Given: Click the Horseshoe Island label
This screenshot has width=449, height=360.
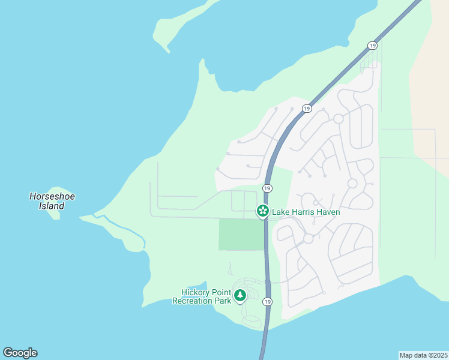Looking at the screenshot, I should coord(52,201).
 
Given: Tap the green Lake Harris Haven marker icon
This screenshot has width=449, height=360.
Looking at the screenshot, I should coord(262,211).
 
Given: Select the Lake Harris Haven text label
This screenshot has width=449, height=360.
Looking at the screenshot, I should coord(306,212).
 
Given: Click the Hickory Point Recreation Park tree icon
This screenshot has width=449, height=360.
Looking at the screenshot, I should coord(240,295).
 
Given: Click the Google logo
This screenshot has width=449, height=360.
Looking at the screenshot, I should coord(20,353).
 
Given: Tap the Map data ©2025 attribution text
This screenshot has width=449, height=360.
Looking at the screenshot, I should coord(423,355).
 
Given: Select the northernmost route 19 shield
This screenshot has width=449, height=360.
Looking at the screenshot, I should coord(373,46).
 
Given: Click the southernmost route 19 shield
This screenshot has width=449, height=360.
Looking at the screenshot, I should coord(267,301).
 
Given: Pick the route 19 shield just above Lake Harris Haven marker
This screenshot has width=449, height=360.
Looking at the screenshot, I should coord(267,188).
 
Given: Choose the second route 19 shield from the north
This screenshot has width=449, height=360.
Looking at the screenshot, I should coord(307,109).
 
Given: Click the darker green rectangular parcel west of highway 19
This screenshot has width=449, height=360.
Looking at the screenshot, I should coord(241,234).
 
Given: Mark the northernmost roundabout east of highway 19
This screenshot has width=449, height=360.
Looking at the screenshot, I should coord(339,119).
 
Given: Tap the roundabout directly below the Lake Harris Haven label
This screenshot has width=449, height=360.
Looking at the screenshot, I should coord(308,238).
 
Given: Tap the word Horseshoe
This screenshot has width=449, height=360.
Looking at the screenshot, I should coord(52,196).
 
